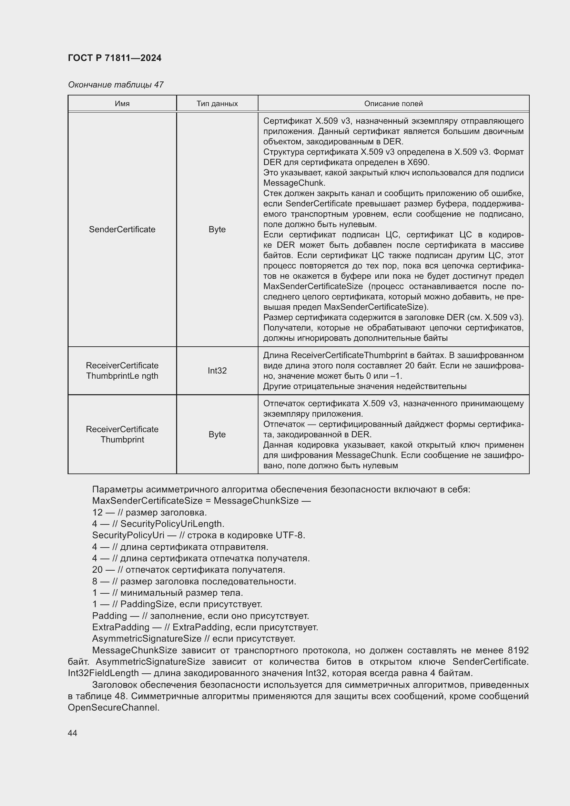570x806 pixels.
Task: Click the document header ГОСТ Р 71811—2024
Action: [114, 58]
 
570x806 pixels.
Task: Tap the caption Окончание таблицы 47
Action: [115, 85]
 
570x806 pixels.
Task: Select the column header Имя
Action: [122, 104]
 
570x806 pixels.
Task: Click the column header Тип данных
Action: [217, 104]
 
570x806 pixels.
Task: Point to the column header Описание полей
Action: [393, 104]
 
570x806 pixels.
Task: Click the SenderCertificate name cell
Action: [122, 229]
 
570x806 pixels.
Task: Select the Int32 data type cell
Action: [217, 370]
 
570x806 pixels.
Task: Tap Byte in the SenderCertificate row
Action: [217, 229]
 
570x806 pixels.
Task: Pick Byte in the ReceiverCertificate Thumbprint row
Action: [217, 434]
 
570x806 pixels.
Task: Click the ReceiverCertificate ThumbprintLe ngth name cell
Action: [122, 370]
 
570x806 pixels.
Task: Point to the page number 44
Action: [72, 733]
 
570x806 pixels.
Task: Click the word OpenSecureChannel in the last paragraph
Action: [113, 707]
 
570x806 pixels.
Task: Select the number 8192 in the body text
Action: [518, 650]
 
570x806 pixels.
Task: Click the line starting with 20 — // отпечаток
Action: [189, 569]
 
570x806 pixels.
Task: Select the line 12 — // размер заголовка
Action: [150, 512]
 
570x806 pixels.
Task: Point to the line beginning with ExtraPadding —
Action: [205, 627]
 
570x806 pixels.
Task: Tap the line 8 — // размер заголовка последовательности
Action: [194, 581]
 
